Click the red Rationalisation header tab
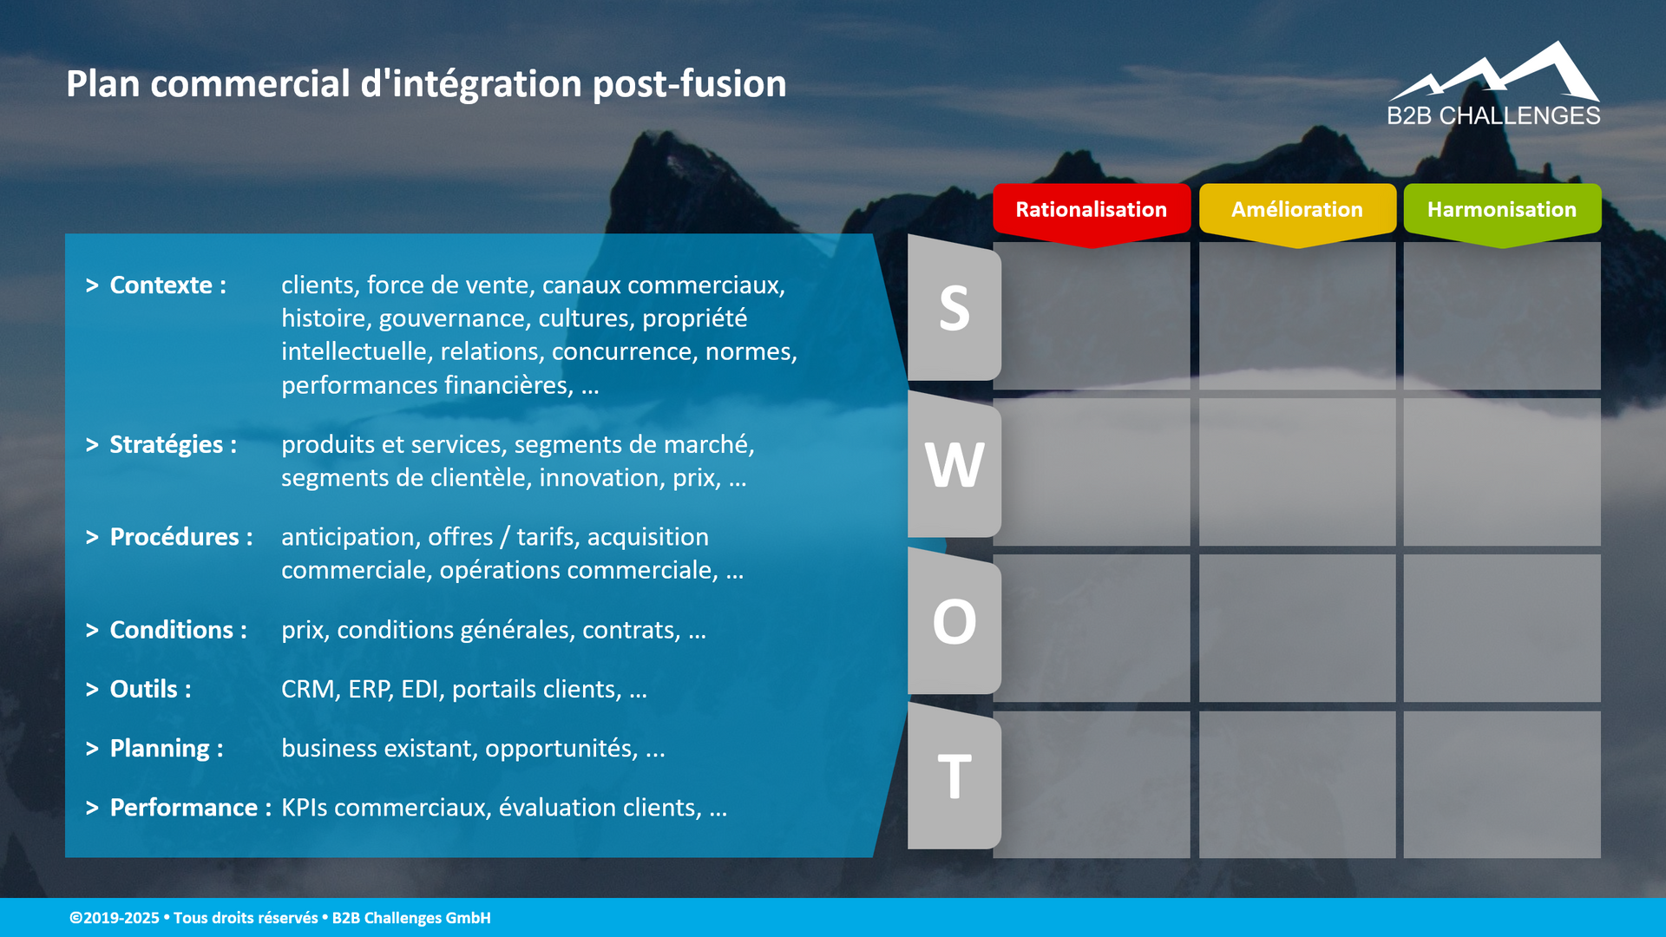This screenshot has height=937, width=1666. click(1091, 210)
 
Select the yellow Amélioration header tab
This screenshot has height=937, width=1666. click(1296, 210)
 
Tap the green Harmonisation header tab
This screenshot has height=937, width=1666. click(1501, 210)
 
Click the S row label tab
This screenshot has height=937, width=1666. click(954, 309)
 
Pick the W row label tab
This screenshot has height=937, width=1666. click(954, 466)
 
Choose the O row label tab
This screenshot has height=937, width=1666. click(954, 622)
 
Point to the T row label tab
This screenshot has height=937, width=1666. click(954, 777)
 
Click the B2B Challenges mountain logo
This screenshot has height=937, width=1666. click(1493, 84)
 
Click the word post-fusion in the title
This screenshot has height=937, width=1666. click(689, 84)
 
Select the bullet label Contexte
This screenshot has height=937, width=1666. click(161, 285)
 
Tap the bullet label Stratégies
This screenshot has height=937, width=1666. click(166, 444)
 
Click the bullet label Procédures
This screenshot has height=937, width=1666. click(174, 537)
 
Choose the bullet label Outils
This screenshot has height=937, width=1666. click(143, 689)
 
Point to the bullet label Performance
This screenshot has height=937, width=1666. click(183, 808)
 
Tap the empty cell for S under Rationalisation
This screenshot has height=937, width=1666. click(1091, 316)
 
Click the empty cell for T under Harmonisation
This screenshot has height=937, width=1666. click(1501, 784)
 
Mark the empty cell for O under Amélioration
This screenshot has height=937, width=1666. click(1296, 628)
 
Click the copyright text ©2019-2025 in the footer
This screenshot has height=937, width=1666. click(115, 918)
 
